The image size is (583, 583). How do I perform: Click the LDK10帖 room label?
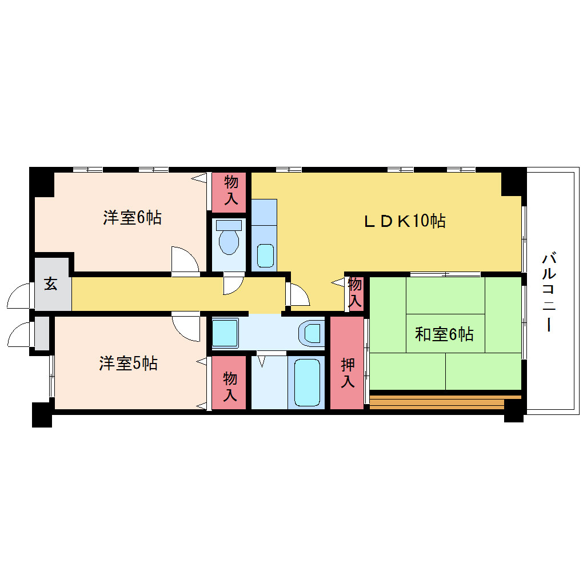[x=405, y=221]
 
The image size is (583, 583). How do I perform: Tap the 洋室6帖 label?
[x=133, y=218]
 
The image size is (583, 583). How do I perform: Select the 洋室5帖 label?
[x=128, y=364]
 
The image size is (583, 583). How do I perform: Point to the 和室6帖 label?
[x=444, y=334]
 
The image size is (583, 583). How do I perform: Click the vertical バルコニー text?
[x=549, y=292]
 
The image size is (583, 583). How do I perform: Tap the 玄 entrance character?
[x=50, y=283]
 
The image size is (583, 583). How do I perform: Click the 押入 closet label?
[x=348, y=373]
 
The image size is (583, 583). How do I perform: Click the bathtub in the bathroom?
[x=307, y=382]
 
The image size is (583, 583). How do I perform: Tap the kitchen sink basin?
[x=265, y=255]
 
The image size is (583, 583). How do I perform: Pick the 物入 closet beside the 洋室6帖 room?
[x=229, y=192]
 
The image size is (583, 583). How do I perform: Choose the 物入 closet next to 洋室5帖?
[x=229, y=383]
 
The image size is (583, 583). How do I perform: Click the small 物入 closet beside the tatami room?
[x=355, y=294]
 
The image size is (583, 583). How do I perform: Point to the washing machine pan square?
[x=225, y=333]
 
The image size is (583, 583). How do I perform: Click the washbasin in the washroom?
[x=312, y=333]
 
